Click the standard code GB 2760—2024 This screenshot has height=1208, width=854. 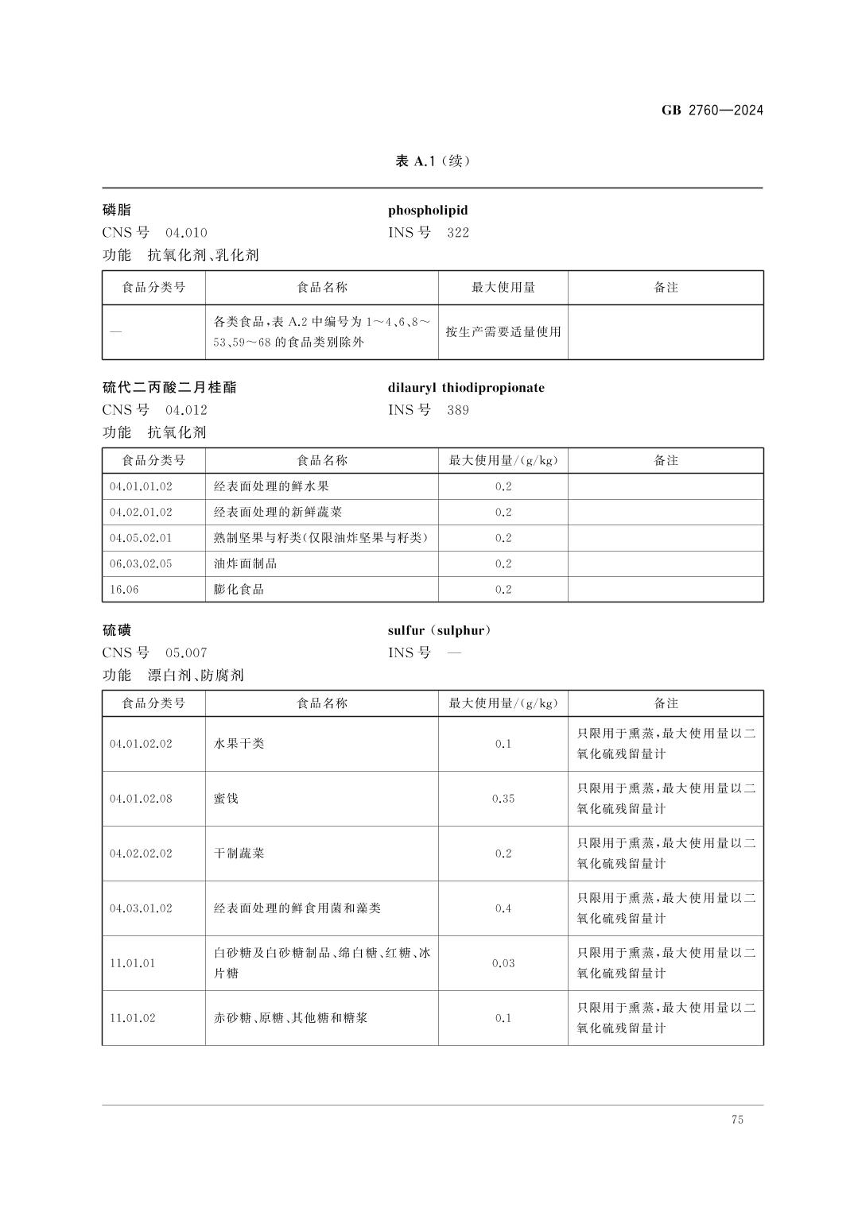tap(712, 110)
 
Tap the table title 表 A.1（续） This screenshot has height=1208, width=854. tap(433, 161)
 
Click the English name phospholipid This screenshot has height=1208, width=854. tap(428, 211)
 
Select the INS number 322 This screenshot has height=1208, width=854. tap(458, 233)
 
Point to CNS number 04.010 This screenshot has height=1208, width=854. tap(186, 233)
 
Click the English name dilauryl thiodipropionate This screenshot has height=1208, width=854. tap(466, 388)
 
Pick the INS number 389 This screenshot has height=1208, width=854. tap(458, 410)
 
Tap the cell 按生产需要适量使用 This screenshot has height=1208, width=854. tap(503, 332)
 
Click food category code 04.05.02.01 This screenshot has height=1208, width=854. tap(141, 538)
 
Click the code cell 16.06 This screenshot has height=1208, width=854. tap(123, 589)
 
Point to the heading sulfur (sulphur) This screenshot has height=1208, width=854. tap(440, 631)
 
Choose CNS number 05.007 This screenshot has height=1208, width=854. tap(186, 653)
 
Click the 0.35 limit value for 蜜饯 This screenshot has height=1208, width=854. tap(503, 799)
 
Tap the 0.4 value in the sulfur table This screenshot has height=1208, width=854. tap(503, 908)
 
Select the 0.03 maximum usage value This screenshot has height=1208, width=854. tap(503, 963)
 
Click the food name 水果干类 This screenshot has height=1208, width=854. tap(239, 744)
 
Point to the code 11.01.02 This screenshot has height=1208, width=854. tap(133, 1018)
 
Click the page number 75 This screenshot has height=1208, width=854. tap(737, 1120)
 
